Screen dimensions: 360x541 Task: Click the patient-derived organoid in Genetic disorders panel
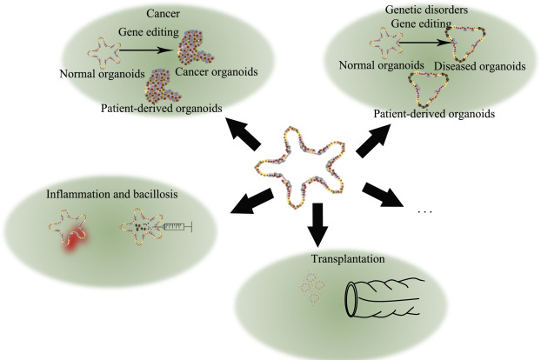[x=431, y=90]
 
